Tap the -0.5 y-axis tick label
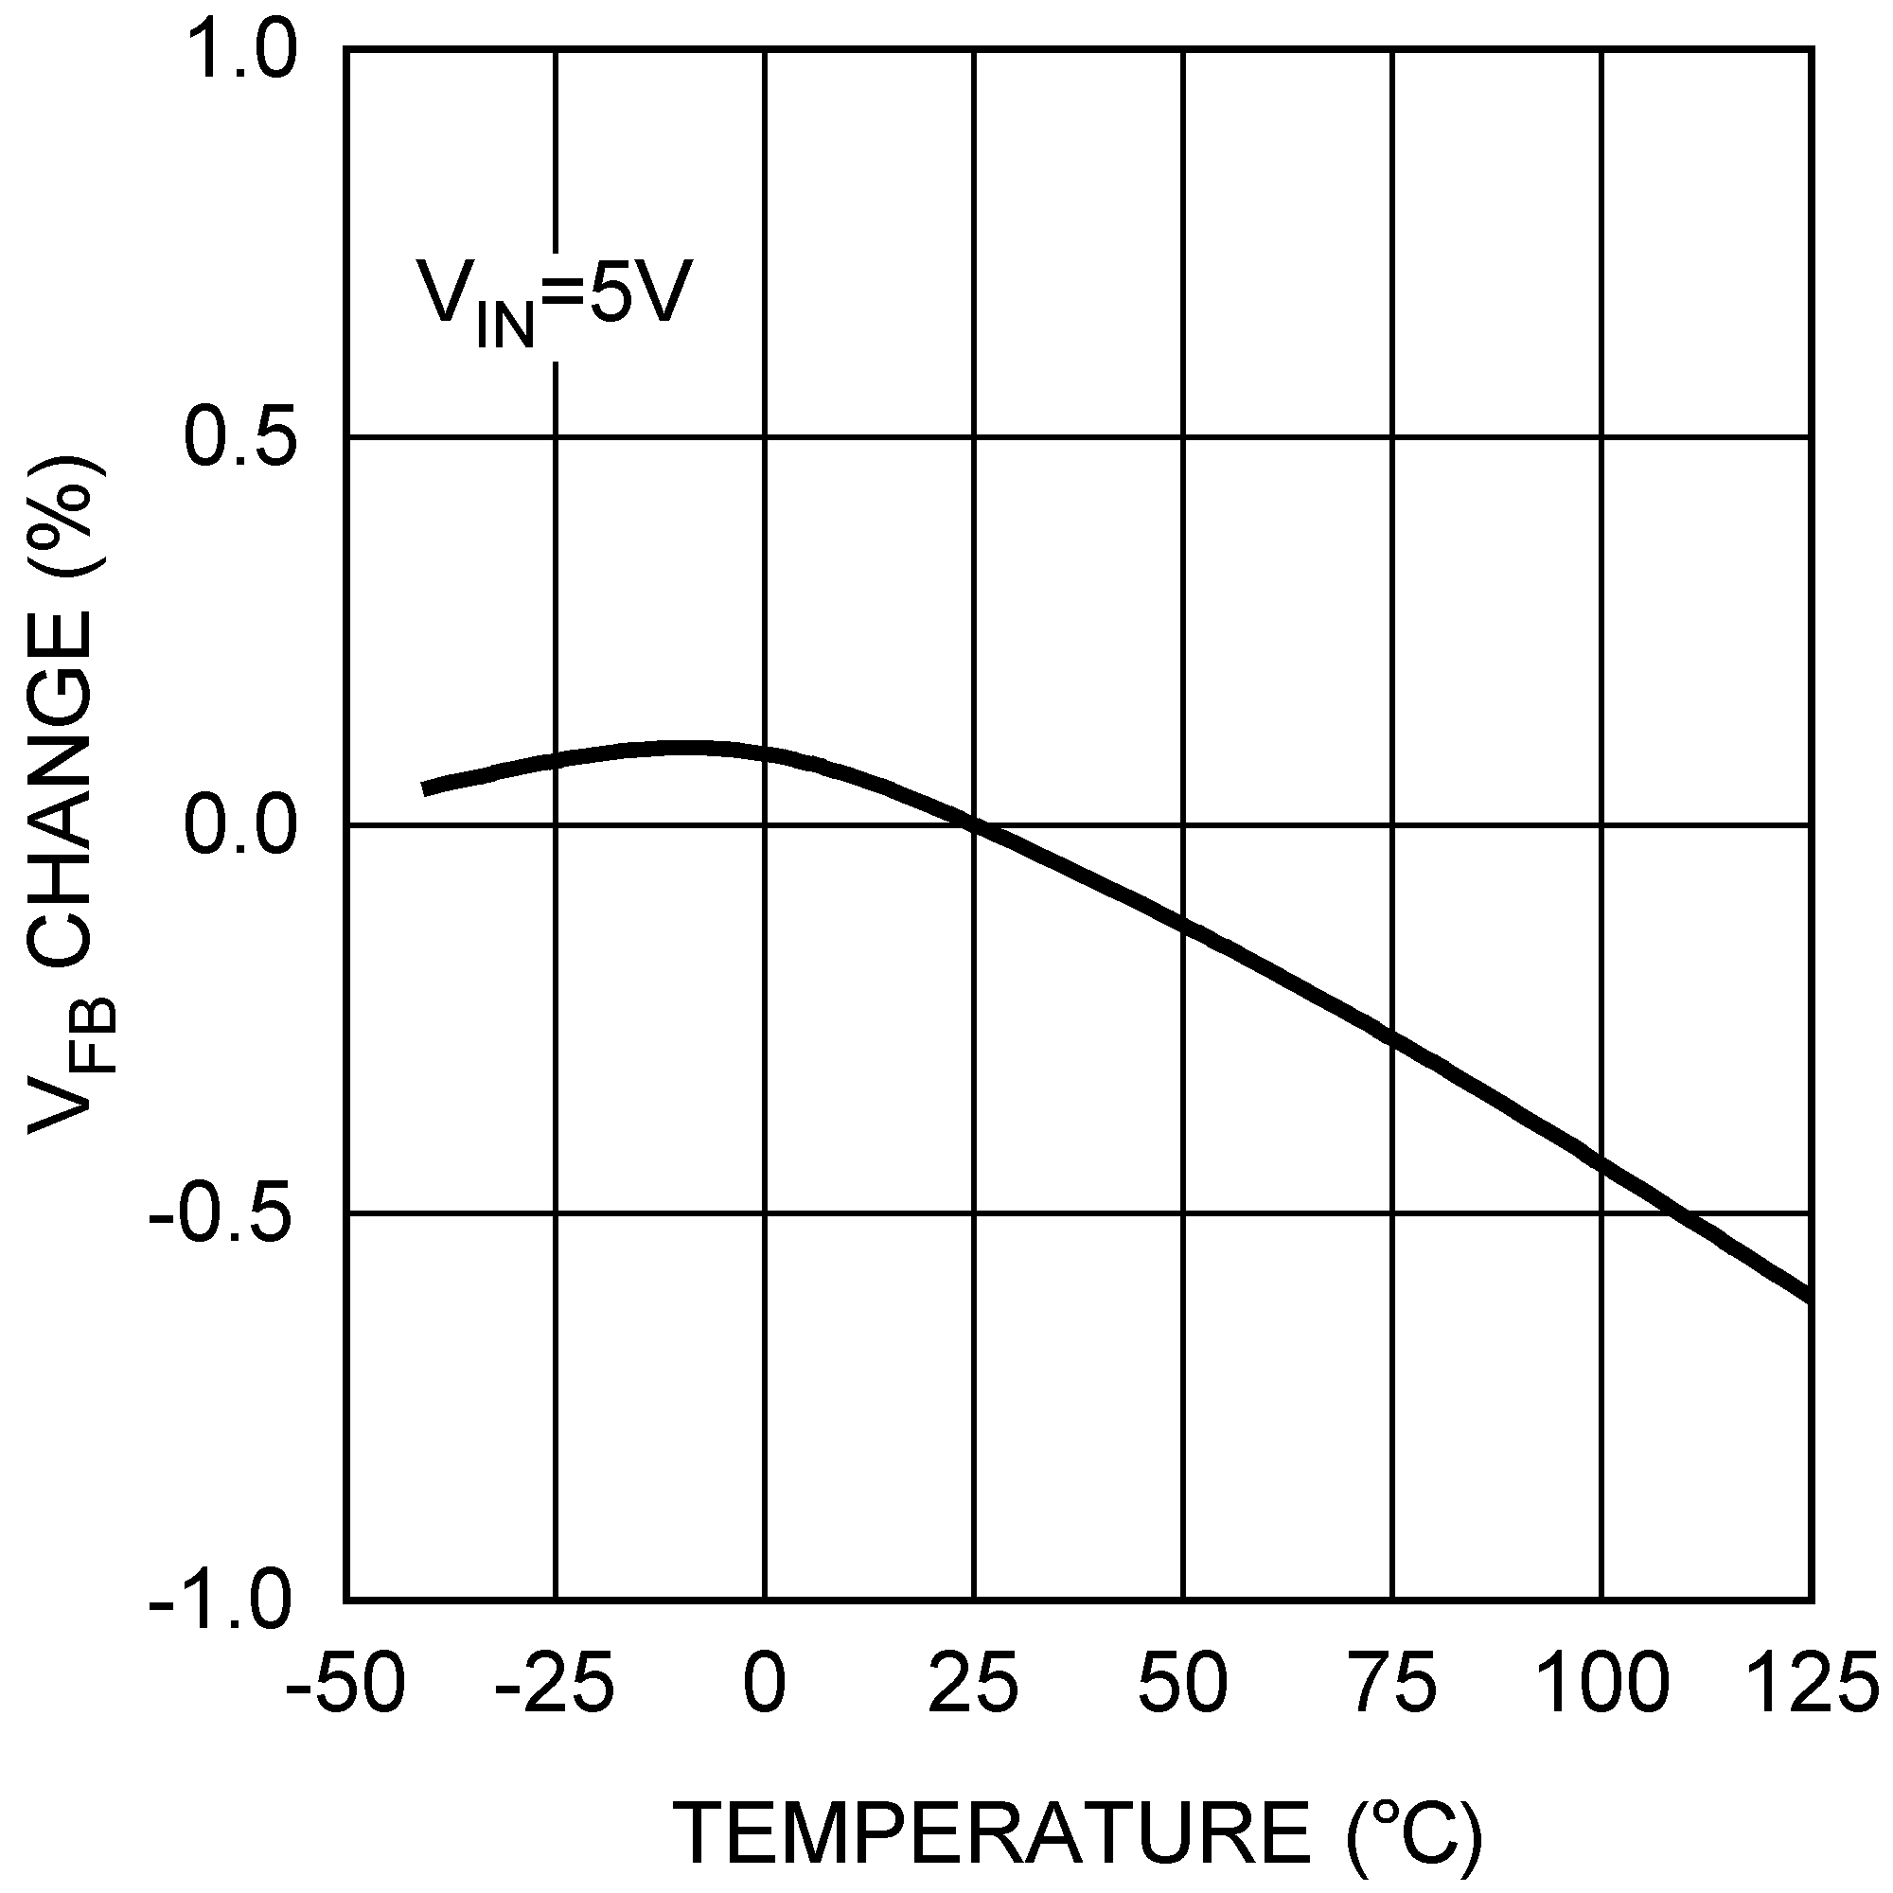point(222,1214)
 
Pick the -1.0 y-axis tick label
point(222,1602)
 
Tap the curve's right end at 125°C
point(1809,1298)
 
